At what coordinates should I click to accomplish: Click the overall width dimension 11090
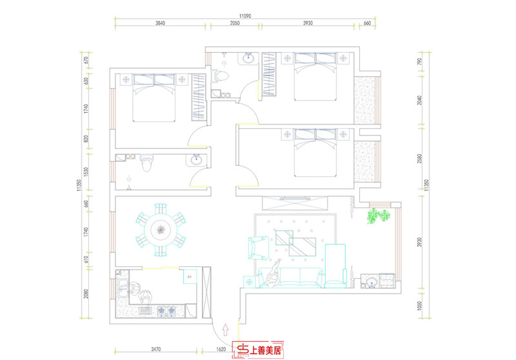click(242, 14)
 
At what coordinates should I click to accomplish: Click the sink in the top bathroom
click(248, 60)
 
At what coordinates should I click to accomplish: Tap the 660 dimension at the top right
click(367, 23)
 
